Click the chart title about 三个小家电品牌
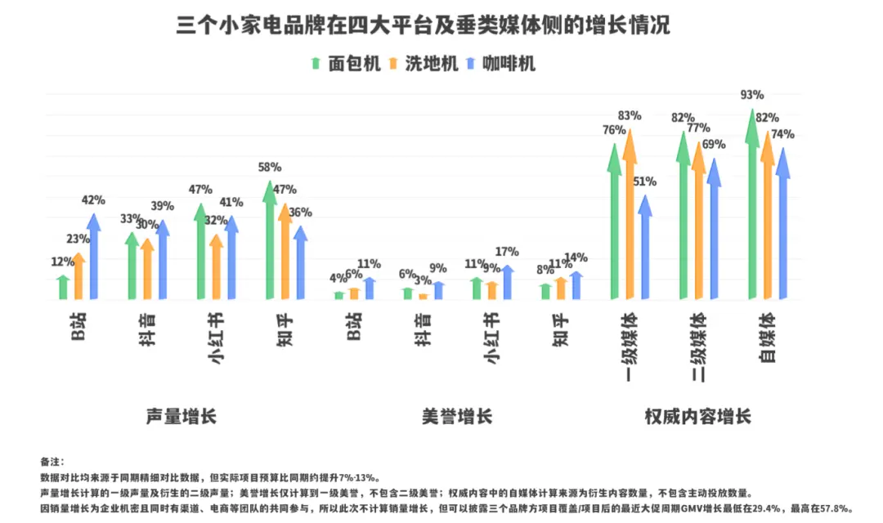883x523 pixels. [x=424, y=25]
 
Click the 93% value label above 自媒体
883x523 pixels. [x=751, y=95]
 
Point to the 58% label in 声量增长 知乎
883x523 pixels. [x=269, y=167]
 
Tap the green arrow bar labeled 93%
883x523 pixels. [x=751, y=204]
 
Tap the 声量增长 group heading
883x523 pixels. [x=182, y=416]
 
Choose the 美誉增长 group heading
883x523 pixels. [x=457, y=416]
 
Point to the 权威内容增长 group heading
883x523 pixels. [x=697, y=416]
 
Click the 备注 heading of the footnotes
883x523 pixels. [x=52, y=462]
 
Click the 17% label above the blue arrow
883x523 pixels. [x=508, y=253]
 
